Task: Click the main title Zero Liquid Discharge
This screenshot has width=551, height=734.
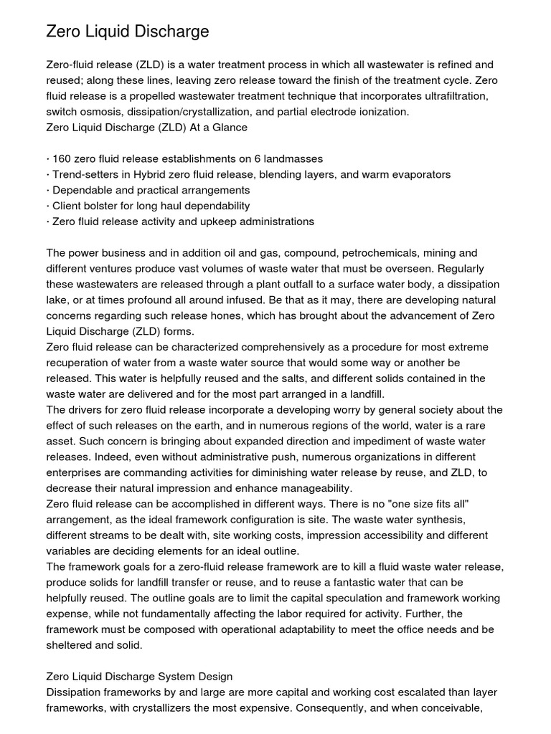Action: [x=128, y=32]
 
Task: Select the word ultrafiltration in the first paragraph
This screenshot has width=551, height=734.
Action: [x=457, y=96]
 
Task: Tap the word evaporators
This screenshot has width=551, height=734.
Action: [x=418, y=174]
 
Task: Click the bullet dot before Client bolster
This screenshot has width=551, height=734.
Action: [x=48, y=206]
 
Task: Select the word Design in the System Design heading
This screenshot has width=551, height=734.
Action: [x=215, y=676]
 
